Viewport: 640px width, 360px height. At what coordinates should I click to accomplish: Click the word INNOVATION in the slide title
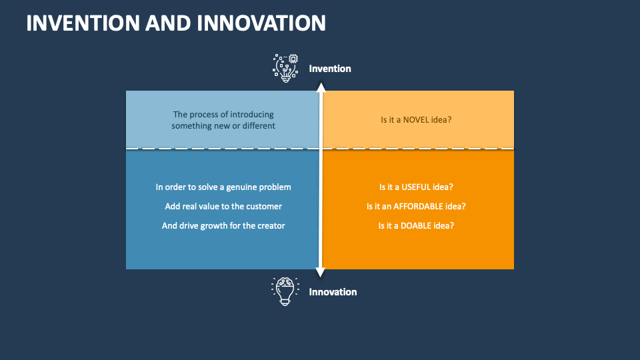coord(261,23)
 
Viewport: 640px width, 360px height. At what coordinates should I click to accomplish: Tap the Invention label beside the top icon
coord(329,69)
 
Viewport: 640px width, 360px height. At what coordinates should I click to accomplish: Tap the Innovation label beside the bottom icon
coord(333,292)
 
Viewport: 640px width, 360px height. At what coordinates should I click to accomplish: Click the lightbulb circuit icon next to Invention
coord(285,68)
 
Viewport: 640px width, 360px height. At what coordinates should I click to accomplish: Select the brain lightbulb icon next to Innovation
coord(285,291)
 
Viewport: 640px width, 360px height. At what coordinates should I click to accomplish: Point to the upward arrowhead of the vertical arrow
coord(321,87)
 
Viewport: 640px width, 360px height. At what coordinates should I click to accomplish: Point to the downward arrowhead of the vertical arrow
coord(321,272)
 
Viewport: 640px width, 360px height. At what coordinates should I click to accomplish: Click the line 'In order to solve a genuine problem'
coord(223,187)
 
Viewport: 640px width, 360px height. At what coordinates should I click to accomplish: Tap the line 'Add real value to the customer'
coord(223,207)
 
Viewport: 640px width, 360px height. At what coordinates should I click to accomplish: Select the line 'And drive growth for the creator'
coord(223,225)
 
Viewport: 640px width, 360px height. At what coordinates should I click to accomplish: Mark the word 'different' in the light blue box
coord(258,125)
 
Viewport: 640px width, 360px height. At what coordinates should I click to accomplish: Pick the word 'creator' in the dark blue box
coord(270,225)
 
